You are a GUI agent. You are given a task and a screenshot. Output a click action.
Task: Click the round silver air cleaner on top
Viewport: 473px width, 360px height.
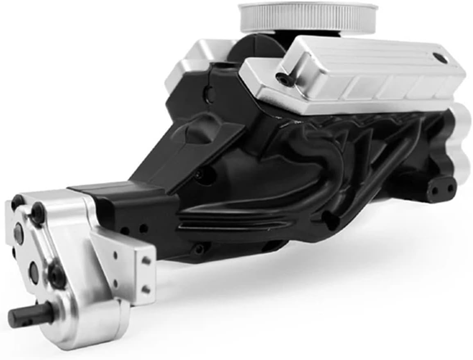pos(308,17)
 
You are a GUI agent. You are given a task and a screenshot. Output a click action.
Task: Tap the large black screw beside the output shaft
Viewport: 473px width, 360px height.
pos(57,275)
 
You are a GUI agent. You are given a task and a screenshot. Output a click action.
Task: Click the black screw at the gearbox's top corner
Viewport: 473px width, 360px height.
pos(38,212)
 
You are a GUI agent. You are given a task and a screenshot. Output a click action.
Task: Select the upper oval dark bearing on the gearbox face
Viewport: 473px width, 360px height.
pos(19,233)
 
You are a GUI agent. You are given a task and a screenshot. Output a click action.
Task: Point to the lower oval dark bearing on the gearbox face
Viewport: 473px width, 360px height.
pos(34,272)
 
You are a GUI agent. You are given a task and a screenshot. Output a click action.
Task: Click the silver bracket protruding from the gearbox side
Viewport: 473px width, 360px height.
pos(123,262)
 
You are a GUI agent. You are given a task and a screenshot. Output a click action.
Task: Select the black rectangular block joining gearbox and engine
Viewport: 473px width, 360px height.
pos(123,205)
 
